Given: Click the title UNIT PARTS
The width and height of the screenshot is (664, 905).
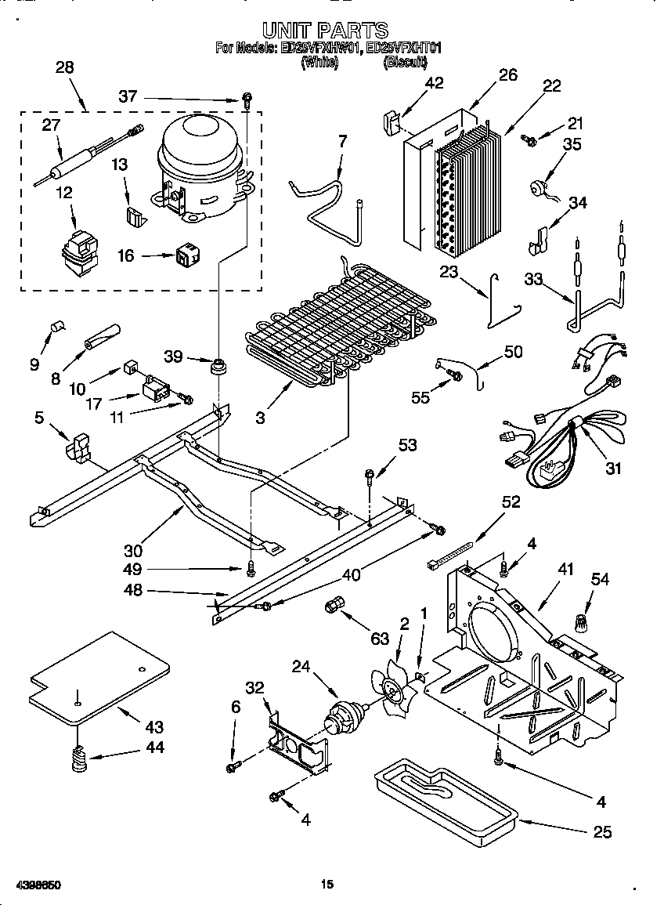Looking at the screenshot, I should [x=325, y=30].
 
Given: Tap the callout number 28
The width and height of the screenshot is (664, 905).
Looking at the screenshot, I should [x=65, y=67].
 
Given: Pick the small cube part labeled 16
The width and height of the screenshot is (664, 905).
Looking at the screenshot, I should [x=186, y=254].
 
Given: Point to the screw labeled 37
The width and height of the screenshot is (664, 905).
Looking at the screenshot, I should [x=247, y=100].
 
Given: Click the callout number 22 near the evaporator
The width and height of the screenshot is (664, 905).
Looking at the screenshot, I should [x=551, y=86].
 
